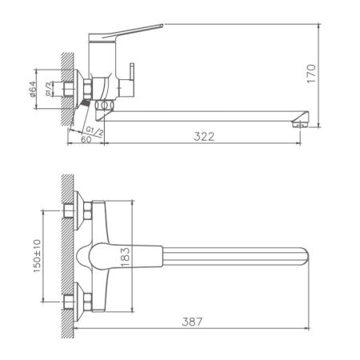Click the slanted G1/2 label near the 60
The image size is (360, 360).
[x=93, y=128]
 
